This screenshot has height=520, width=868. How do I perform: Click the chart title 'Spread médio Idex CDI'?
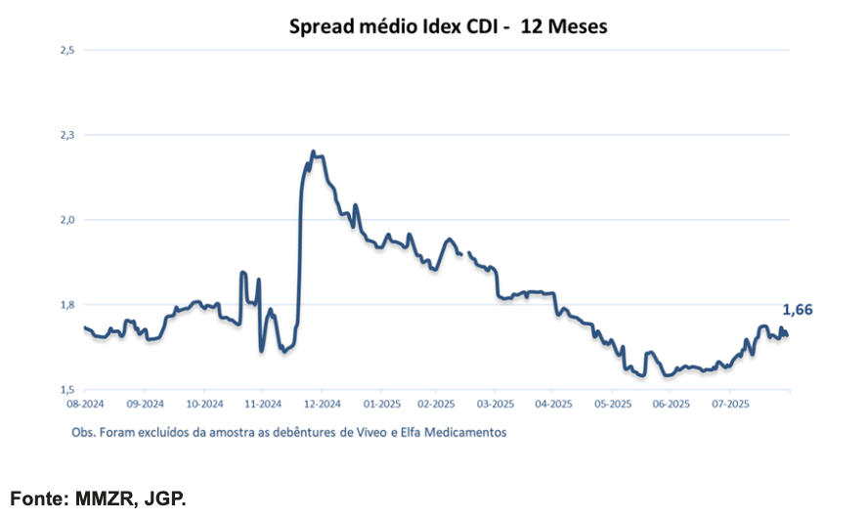point(394,26)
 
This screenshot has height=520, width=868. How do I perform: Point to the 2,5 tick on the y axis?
point(67,51)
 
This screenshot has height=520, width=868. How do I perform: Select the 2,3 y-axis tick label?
point(67,135)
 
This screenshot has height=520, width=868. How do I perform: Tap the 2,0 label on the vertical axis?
point(67,220)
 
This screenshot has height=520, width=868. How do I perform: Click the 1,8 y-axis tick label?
point(67,305)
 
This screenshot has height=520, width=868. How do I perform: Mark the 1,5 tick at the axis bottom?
point(67,390)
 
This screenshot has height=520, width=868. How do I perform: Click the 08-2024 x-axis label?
point(85,404)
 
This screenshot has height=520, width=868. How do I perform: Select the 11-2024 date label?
point(263,404)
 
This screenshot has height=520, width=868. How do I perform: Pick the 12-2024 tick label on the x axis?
point(323,404)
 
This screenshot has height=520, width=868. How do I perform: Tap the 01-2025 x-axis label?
point(382,404)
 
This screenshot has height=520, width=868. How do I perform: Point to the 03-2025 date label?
point(496,404)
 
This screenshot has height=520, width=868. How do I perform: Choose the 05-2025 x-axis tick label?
point(613,404)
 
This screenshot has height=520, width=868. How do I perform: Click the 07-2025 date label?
point(730,404)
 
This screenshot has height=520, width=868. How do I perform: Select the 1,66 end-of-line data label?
point(798,310)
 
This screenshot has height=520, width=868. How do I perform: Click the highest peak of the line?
point(313,152)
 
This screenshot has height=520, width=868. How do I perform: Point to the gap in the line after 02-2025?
point(465,253)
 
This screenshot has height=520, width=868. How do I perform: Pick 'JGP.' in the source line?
point(165,498)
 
